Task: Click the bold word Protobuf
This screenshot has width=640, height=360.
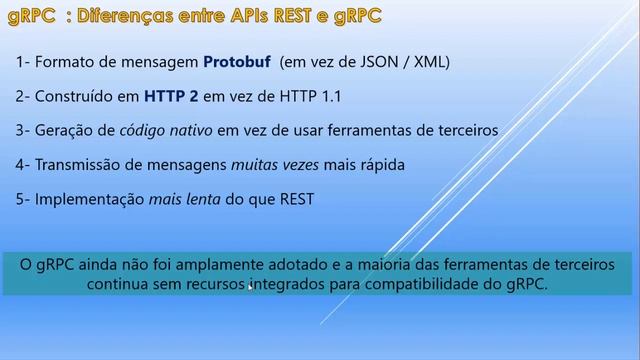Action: [x=237, y=62]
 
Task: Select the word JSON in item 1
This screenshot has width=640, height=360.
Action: [x=380, y=62]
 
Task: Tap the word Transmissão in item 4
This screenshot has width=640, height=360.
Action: [x=80, y=164]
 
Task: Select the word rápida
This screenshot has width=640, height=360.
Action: [x=382, y=164]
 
